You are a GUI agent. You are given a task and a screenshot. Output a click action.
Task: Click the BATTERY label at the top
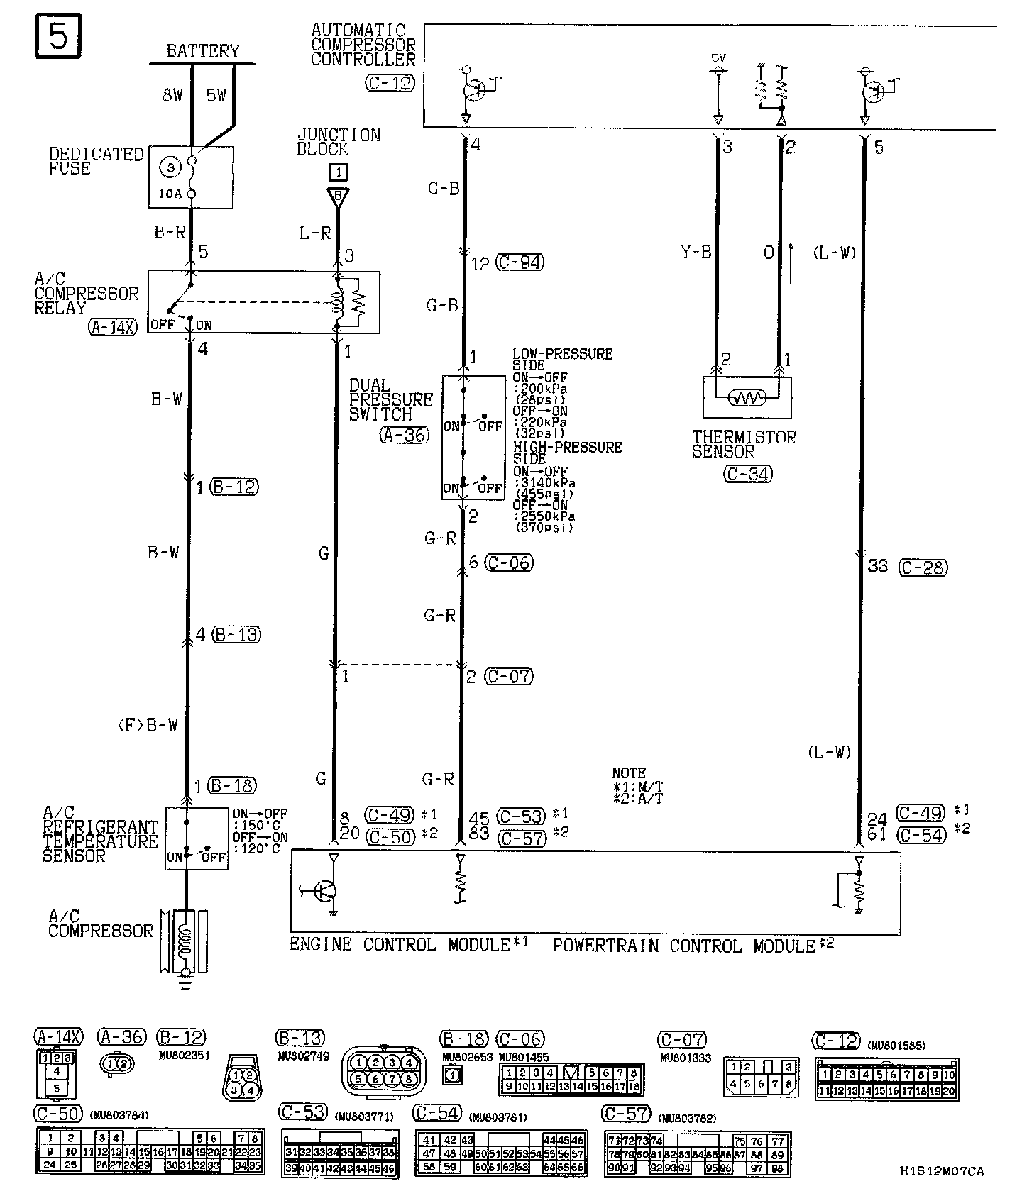pyautogui.click(x=202, y=51)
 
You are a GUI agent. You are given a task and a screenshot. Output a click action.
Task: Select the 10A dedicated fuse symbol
pyautogui.click(x=190, y=177)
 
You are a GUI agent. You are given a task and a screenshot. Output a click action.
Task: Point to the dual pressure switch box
pyautogui.click(x=463, y=437)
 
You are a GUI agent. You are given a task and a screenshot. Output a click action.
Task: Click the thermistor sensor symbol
pyautogui.click(x=747, y=397)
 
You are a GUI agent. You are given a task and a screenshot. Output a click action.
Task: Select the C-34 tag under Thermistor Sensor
pyautogui.click(x=748, y=474)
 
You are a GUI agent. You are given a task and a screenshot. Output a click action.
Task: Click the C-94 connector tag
pyautogui.click(x=520, y=262)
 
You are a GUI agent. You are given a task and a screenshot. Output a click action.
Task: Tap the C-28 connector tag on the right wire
pyautogui.click(x=923, y=567)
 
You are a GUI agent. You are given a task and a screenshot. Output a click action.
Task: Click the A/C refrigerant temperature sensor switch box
pyautogui.click(x=197, y=838)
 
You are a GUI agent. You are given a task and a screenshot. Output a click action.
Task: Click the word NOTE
pyautogui.click(x=629, y=773)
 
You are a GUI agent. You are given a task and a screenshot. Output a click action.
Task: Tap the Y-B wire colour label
pyautogui.click(x=696, y=252)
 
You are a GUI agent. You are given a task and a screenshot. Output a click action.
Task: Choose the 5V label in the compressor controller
pyautogui.click(x=718, y=57)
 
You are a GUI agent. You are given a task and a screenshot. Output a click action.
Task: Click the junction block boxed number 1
pyautogui.click(x=339, y=172)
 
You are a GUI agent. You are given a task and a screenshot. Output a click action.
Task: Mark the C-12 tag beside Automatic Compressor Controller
pyautogui.click(x=389, y=83)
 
